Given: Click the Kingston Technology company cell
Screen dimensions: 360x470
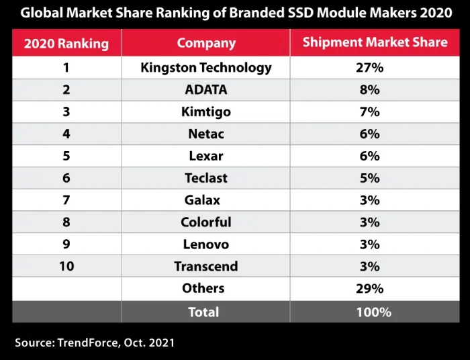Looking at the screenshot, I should point(206,68).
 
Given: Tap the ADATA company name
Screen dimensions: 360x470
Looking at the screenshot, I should point(206,90).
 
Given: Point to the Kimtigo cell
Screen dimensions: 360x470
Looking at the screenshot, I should point(206,112).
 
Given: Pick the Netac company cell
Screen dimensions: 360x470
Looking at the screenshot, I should point(206,134).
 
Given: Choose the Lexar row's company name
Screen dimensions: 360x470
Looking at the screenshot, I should point(206,156).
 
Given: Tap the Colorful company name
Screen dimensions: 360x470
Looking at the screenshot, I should point(206,222).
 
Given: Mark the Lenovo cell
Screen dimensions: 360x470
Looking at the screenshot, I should point(206,244).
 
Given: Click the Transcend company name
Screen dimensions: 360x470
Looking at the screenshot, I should point(206,267).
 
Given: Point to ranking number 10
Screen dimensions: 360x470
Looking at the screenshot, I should point(66,267).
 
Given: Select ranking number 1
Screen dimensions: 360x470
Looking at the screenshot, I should point(66,68).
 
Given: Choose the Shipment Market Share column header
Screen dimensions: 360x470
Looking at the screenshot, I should point(375,43).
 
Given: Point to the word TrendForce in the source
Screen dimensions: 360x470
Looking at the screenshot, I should point(87,343).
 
